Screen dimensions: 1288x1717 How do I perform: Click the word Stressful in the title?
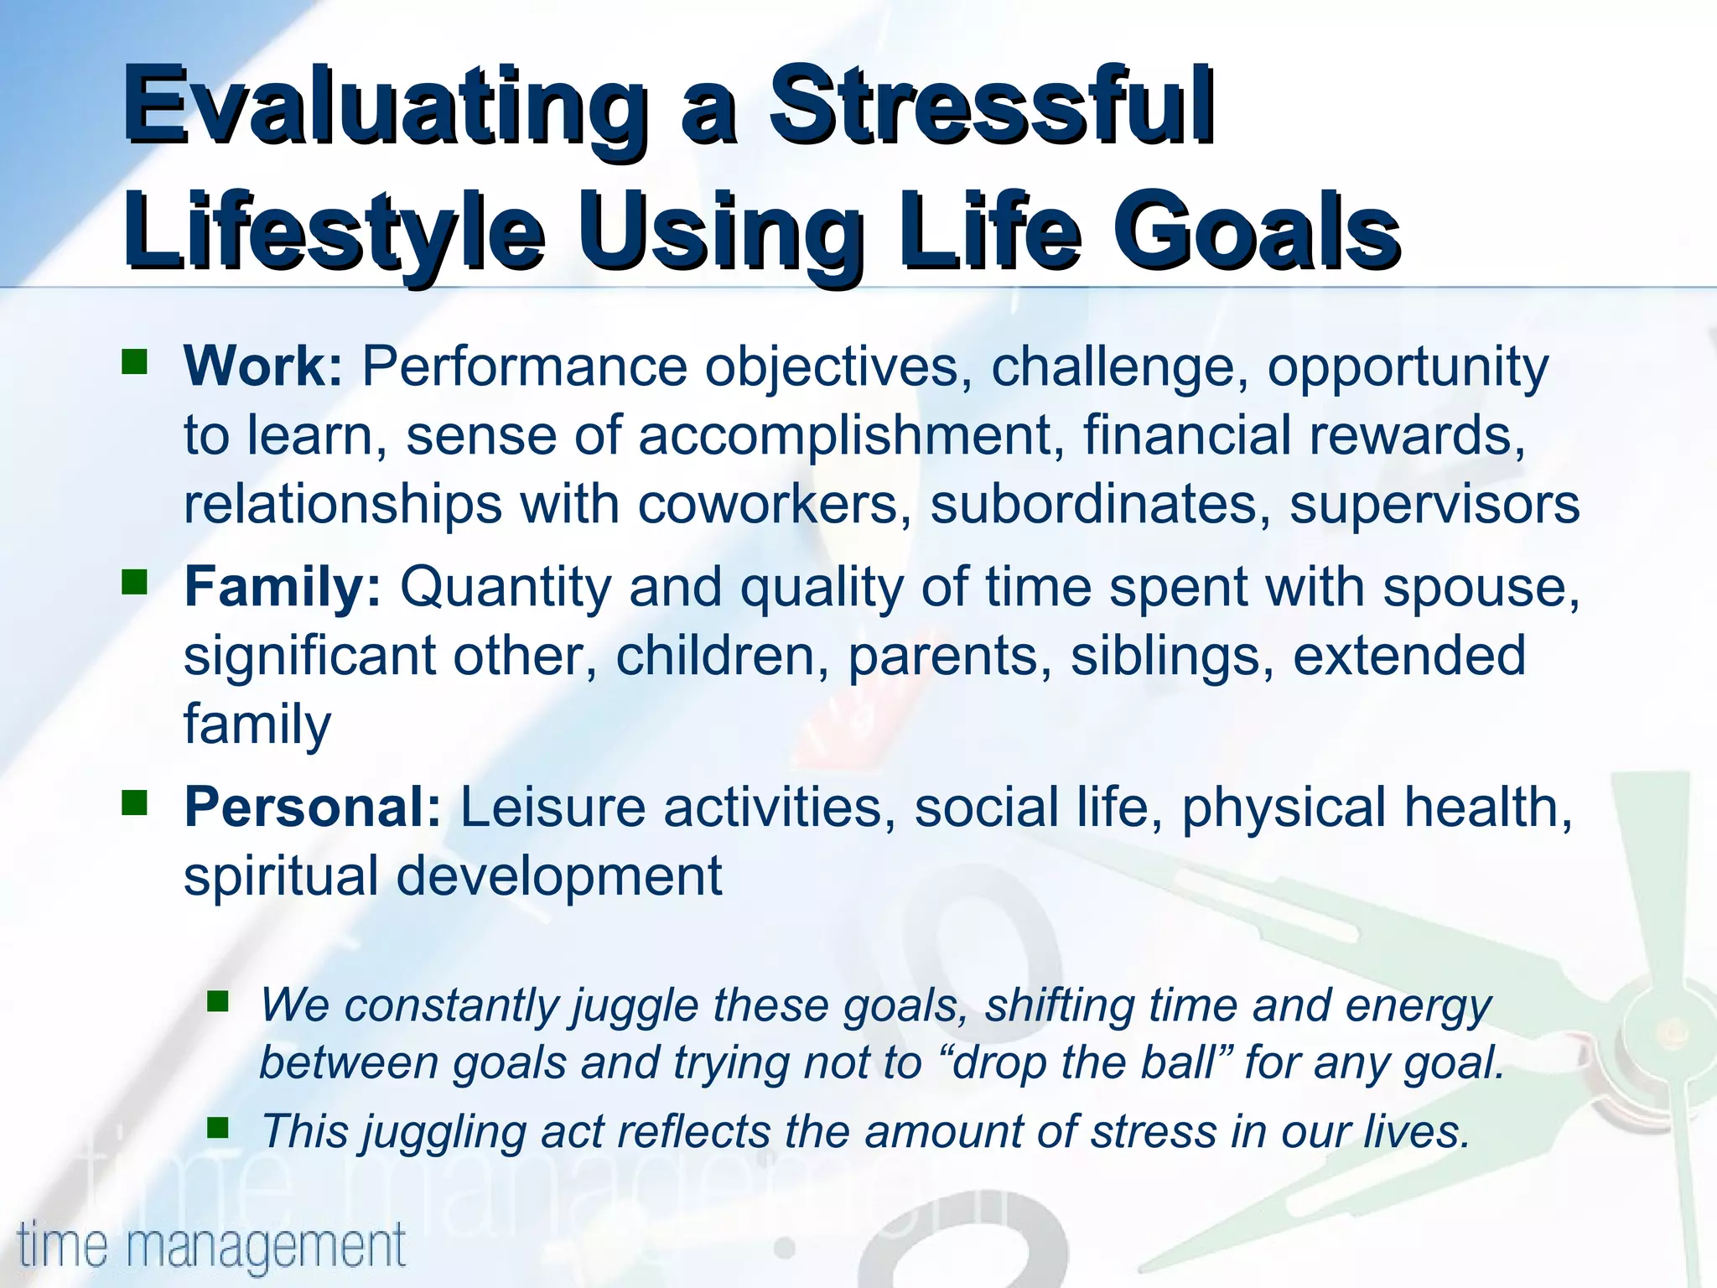click(x=992, y=106)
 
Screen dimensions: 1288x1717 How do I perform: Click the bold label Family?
click(x=283, y=586)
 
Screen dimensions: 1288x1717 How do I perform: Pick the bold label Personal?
click(x=312, y=807)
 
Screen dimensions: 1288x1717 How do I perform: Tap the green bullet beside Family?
click(x=134, y=582)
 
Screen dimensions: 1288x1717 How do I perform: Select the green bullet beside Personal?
click(x=134, y=802)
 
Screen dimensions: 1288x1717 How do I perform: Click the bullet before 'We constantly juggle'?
click(x=218, y=1001)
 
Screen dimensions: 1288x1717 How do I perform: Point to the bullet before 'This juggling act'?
click(x=218, y=1129)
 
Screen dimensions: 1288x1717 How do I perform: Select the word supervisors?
click(x=1434, y=505)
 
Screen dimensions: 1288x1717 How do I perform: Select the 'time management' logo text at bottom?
click(x=211, y=1245)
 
